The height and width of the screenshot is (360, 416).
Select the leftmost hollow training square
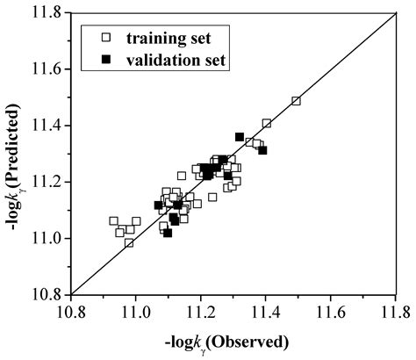pyautogui.click(x=113, y=221)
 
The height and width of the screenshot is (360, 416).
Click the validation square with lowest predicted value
pyautogui.click(x=168, y=233)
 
